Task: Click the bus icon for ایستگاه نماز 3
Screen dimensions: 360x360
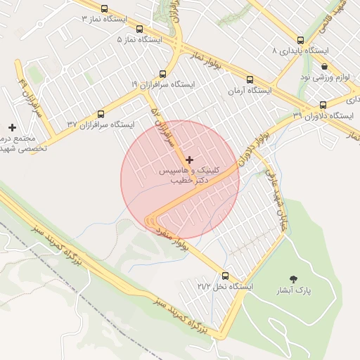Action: [x=105, y=9]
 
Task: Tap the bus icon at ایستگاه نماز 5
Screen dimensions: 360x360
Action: [x=139, y=30]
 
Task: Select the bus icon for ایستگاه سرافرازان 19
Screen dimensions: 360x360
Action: [x=163, y=73]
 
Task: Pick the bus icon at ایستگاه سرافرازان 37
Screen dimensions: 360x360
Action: [x=100, y=113]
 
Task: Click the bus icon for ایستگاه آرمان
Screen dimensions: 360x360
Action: [x=250, y=79]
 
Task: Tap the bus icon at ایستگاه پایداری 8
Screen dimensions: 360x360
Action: [x=301, y=41]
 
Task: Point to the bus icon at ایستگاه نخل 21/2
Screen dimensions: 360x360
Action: [x=225, y=276]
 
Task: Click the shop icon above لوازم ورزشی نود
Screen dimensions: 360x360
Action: [x=324, y=66]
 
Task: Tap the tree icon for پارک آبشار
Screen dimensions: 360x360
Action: [x=292, y=279]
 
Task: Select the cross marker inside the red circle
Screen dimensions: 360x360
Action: [x=189, y=160]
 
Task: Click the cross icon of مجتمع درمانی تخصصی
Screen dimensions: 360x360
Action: [x=11, y=127]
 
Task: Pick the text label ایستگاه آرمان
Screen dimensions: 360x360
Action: [x=250, y=91]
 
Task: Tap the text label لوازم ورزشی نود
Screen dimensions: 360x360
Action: [x=325, y=76]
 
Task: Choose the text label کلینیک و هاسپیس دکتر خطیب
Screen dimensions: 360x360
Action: [x=191, y=175]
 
